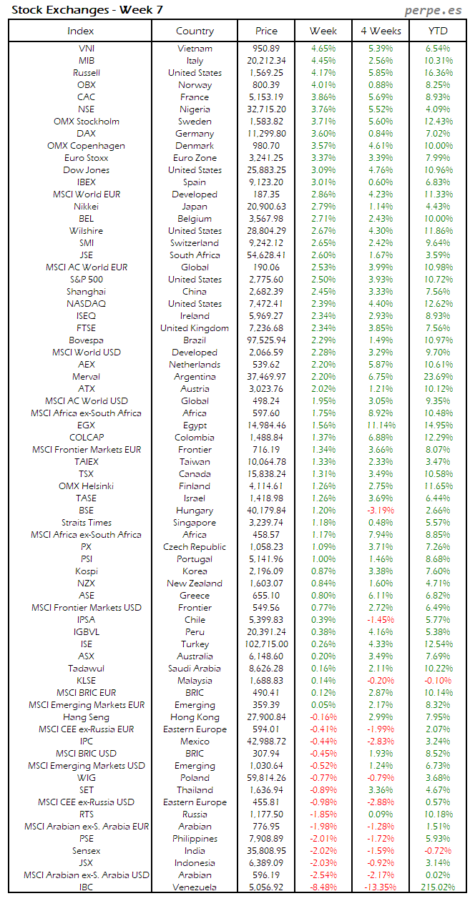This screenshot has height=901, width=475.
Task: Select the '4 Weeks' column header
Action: pos(381,31)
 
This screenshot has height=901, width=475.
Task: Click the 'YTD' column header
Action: pos(438,31)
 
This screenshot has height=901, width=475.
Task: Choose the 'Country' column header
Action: pos(195,31)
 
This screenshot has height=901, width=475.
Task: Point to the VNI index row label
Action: pos(86,49)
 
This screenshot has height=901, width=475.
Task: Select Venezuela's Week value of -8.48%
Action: pos(323,887)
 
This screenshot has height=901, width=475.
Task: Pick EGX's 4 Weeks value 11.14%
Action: pos(380,425)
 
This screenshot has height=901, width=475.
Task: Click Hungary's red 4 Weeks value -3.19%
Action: pos(380,511)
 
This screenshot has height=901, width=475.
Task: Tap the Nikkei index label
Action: pos(86,207)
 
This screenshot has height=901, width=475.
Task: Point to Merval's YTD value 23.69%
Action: pos(438,377)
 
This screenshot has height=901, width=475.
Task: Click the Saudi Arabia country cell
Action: pos(195,669)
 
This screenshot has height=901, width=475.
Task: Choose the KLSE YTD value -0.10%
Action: pos(438,681)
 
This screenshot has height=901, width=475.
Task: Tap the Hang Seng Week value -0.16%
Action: pos(323,717)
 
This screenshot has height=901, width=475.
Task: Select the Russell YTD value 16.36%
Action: pos(438,73)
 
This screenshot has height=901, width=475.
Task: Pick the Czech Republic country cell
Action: pos(195,547)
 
